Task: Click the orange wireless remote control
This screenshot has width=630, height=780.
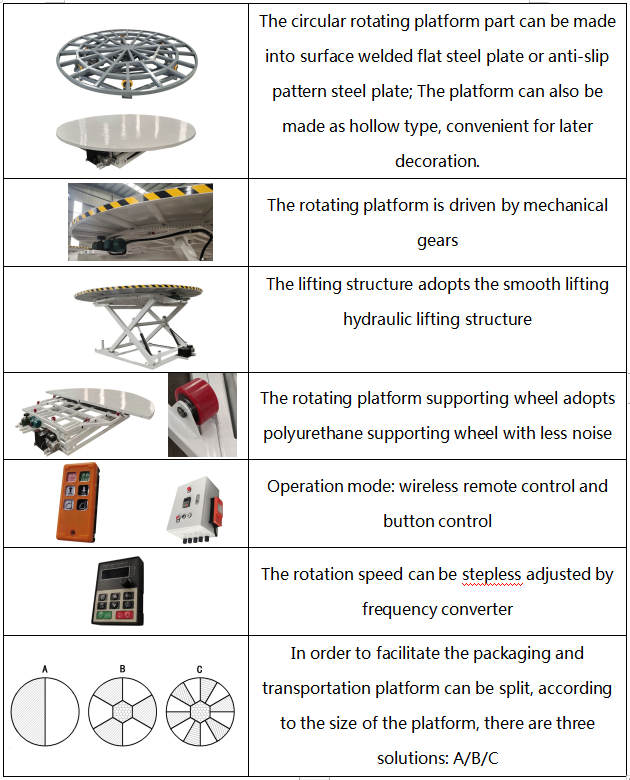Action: [77, 502]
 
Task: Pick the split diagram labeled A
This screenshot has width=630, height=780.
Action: [46, 710]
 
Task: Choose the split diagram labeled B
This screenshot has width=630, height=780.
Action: [122, 710]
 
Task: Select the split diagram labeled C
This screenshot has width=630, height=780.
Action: [200, 710]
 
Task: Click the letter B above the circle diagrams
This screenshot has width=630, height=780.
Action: [122, 667]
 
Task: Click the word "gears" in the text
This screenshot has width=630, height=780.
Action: [437, 240]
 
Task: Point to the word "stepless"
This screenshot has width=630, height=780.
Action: [501, 574]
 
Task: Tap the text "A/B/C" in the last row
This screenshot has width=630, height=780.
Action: [478, 757]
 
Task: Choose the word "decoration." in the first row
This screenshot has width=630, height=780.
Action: [437, 160]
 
